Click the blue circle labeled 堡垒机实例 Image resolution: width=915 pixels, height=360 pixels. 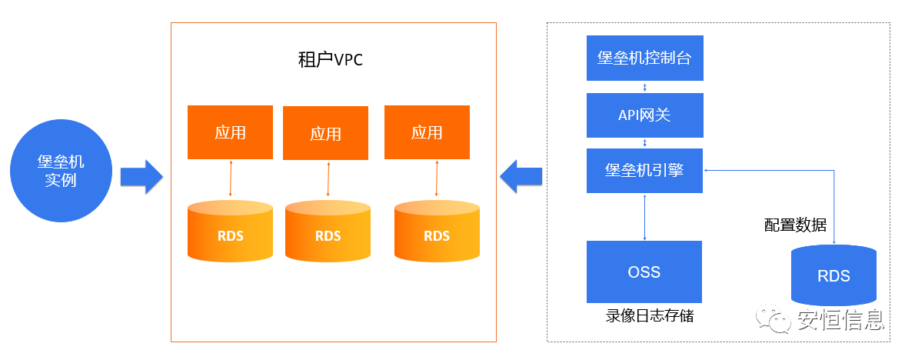tap(61, 171)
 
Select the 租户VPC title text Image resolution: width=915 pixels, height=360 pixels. tap(330, 59)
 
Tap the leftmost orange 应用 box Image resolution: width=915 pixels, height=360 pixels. tap(230, 132)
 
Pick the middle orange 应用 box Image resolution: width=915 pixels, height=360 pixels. tap(325, 133)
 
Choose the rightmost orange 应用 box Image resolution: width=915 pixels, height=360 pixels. tap(427, 132)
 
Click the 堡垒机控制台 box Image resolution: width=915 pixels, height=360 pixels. tap(644, 58)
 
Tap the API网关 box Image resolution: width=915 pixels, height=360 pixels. tap(644, 115)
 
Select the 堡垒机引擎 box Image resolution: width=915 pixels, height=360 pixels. tap(644, 170)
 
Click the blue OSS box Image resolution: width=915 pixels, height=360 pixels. tap(644, 272)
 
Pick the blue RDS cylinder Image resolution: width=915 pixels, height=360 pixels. tap(833, 275)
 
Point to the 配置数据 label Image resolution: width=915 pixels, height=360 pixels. tap(795, 225)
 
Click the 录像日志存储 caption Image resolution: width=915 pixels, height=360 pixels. tap(650, 315)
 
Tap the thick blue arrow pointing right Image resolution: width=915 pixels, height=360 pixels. tap(141, 178)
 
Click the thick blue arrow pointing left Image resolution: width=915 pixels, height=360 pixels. tap(521, 178)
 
